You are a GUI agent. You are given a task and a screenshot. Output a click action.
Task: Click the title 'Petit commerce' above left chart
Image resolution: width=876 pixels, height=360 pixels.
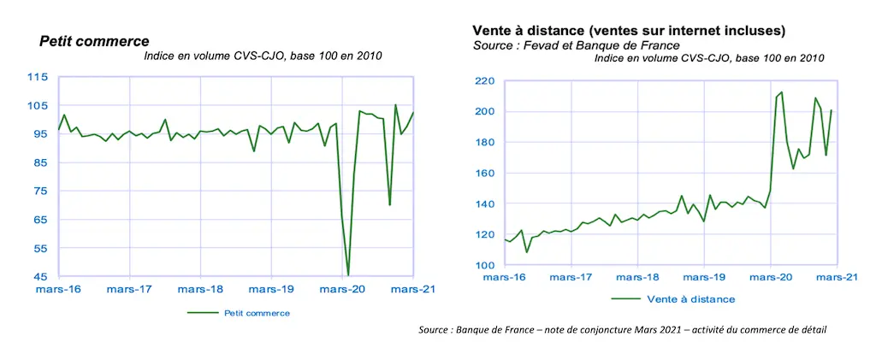[x=94, y=41]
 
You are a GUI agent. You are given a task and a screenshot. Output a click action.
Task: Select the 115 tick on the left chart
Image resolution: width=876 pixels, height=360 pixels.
[x=37, y=77]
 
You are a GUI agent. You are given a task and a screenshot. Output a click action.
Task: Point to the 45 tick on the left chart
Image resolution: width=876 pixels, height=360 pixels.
[x=39, y=277]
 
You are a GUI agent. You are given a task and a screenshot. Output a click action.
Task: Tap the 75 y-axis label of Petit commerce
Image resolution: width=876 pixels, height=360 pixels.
[x=39, y=192]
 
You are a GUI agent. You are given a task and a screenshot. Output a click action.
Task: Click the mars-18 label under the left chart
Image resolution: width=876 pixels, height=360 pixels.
[x=200, y=290]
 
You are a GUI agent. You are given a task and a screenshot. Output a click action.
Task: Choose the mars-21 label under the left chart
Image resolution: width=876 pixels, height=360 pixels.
[x=414, y=290]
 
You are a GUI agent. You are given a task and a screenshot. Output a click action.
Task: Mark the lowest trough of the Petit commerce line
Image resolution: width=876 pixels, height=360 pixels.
[x=348, y=275]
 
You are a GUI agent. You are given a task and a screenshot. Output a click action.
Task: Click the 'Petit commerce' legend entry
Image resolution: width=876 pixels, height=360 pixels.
[x=256, y=313]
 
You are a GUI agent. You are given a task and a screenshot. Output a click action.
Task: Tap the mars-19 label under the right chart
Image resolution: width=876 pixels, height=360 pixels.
[x=703, y=278]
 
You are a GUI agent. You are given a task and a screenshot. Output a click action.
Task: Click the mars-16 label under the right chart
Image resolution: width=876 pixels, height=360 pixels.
[x=505, y=278]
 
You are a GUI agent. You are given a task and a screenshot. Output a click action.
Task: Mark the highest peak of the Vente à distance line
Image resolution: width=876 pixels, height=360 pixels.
[x=781, y=91]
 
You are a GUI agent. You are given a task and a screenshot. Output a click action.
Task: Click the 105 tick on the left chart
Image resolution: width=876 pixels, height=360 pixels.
[x=37, y=106]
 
